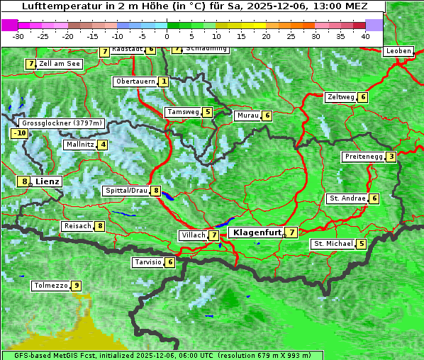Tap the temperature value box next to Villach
pyautogui.click(x=214, y=235)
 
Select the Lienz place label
pyautogui.click(x=48, y=181)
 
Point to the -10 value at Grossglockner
pyautogui.click(x=19, y=133)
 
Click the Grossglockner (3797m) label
pyautogui.click(x=62, y=123)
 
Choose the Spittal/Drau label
pyautogui.click(x=125, y=191)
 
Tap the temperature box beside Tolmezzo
pyautogui.click(x=77, y=286)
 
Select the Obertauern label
pyautogui.click(x=135, y=81)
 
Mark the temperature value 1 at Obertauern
pyautogui.click(x=164, y=81)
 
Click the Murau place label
pyautogui.click(x=247, y=116)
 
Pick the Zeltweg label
pyautogui.click(x=340, y=97)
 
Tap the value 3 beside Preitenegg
pyautogui.click(x=391, y=157)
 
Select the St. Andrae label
pyautogui.click(x=347, y=198)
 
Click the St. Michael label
pyautogui.click(x=333, y=244)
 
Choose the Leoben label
pyautogui.click(x=398, y=51)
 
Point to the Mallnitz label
pyautogui.click(x=79, y=145)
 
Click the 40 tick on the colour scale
pyautogui.click(x=365, y=35)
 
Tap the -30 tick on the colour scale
pyautogui.click(x=18, y=35)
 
